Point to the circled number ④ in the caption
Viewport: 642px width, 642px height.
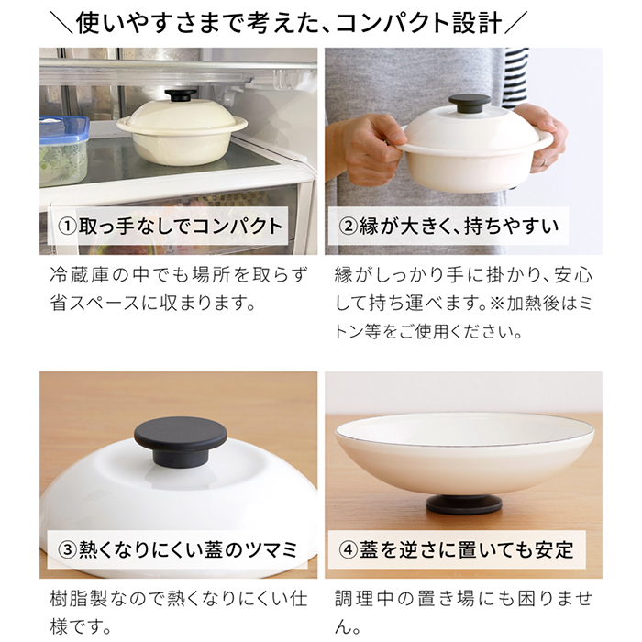pos(351,549)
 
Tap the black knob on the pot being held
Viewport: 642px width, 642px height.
pos(461,105)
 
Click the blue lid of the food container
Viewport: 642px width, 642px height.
pos(63,128)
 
